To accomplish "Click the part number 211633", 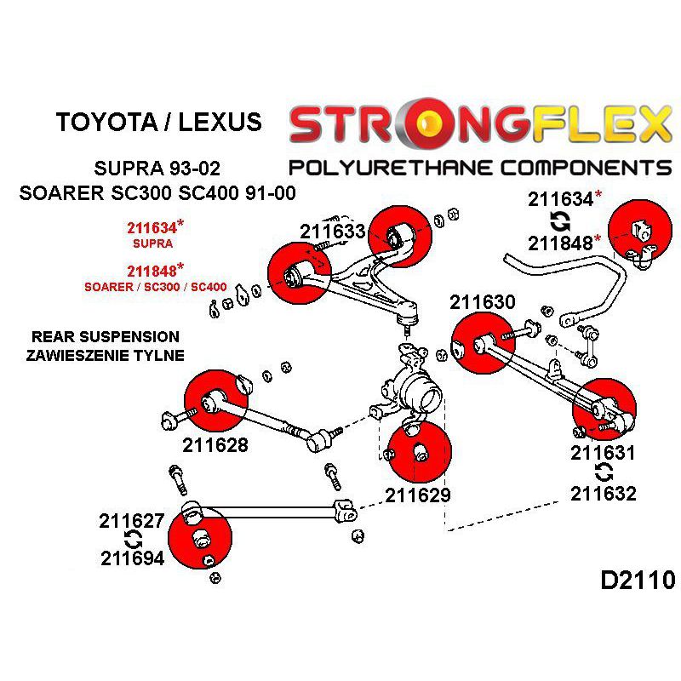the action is [333, 231].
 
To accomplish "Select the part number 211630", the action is [483, 302].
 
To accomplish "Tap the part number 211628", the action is [215, 444].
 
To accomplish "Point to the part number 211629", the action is [418, 495].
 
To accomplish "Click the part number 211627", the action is [132, 521].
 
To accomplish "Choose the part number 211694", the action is [133, 558].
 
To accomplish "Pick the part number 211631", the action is [603, 453].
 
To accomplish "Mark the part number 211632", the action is [604, 494].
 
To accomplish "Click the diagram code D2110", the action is [638, 580].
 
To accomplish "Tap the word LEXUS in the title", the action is [220, 122].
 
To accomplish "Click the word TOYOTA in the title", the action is [106, 122].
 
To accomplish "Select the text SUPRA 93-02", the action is [157, 168].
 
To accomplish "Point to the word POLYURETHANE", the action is [390, 168].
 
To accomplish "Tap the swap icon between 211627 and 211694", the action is [133, 540].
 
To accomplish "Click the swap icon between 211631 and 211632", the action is [604, 472].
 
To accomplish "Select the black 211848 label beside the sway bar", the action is [561, 243].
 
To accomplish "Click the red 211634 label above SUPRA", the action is [152, 227].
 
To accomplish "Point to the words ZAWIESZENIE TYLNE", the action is [105, 355].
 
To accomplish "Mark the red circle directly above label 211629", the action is [420, 452].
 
